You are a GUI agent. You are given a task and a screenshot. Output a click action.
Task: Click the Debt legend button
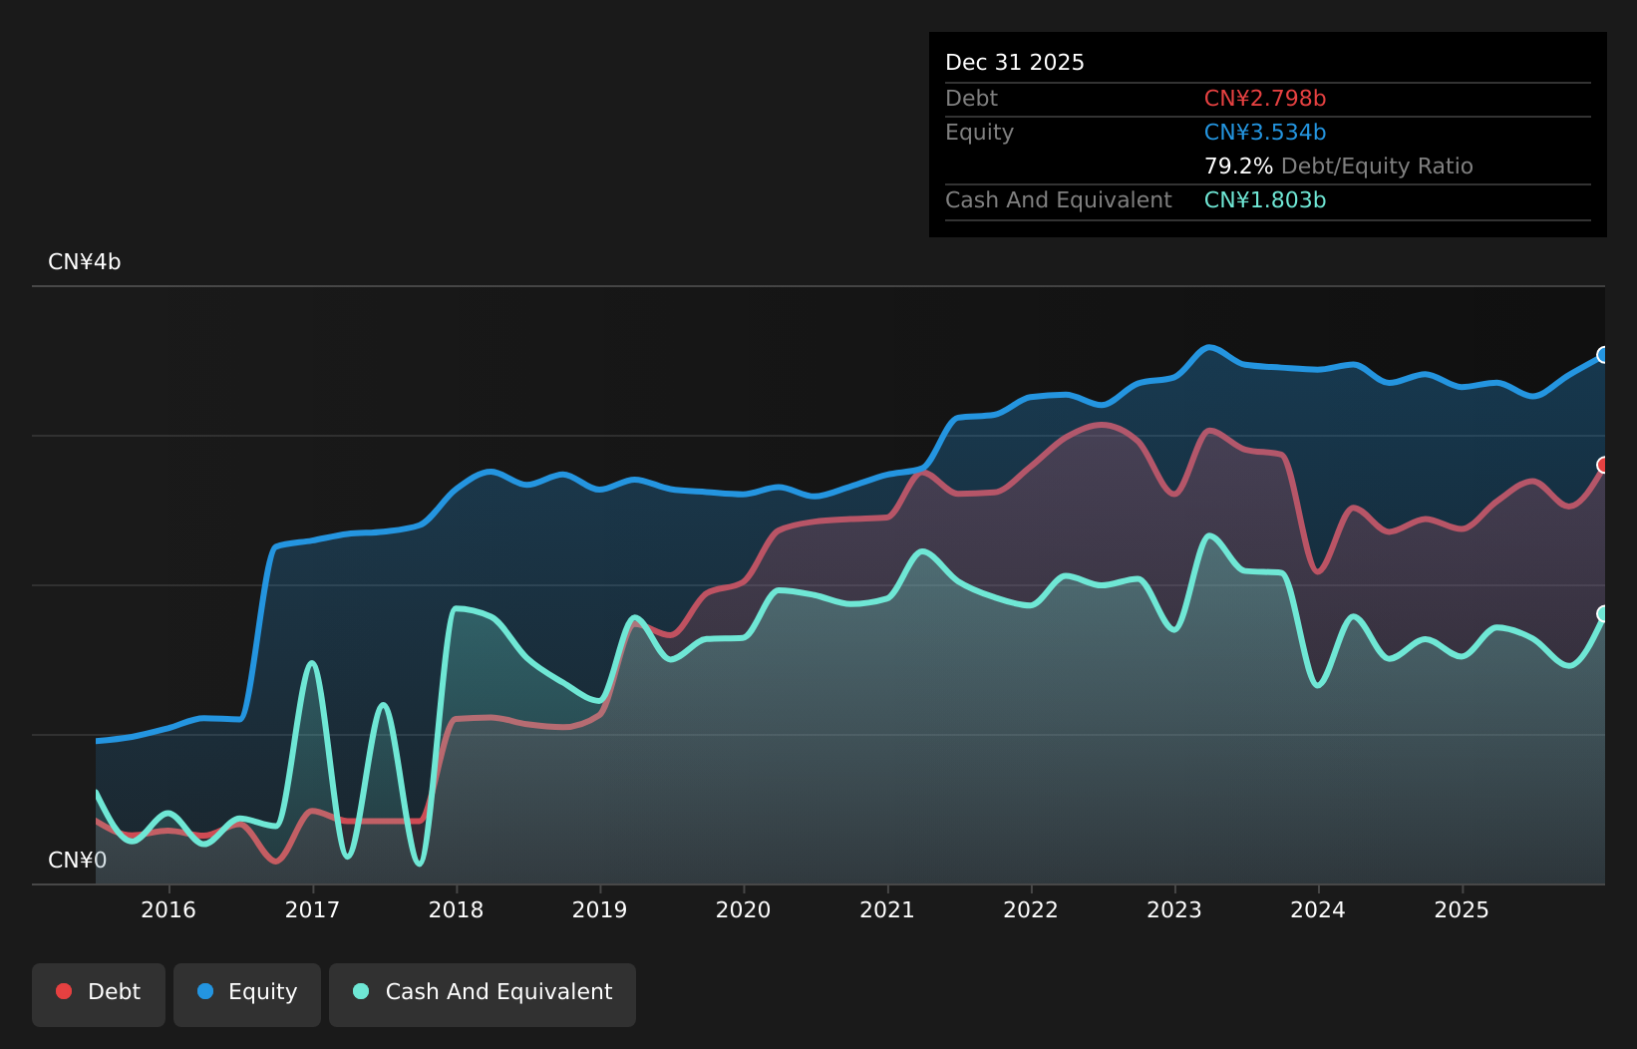coord(99,993)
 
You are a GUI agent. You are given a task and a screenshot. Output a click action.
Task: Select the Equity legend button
coord(247,993)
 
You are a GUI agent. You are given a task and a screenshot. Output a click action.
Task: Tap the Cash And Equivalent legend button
coord(483,993)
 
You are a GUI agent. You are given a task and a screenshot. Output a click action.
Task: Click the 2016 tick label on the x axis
coord(168,909)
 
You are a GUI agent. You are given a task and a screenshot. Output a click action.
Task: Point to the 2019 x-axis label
coord(599,909)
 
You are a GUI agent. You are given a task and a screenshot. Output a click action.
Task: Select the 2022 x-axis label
coord(1030,909)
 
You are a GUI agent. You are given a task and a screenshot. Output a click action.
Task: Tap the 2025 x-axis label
coord(1461,909)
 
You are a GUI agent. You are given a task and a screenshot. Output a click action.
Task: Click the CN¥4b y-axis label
coord(85,262)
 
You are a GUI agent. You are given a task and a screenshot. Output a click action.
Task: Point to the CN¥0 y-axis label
coord(77,860)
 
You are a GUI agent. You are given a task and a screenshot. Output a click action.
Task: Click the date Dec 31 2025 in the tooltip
coord(1014,63)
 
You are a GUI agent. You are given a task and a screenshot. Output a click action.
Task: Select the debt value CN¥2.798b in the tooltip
coord(1264,99)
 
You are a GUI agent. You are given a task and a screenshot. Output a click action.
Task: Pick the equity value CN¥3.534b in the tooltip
coord(1264,133)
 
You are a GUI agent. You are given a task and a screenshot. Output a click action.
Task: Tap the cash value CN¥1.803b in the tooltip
coord(1264,200)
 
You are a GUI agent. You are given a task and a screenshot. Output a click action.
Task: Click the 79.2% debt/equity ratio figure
coord(1237,167)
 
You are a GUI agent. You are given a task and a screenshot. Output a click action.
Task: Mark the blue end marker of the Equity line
coord(1603,355)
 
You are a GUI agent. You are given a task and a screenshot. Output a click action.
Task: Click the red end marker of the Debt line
coord(1603,465)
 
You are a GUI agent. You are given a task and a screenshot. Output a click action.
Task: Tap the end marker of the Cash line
coord(1603,613)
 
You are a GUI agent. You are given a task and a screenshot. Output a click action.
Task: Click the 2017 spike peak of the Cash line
coord(312,663)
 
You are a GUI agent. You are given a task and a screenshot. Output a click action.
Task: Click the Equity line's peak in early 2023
coord(1209,347)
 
